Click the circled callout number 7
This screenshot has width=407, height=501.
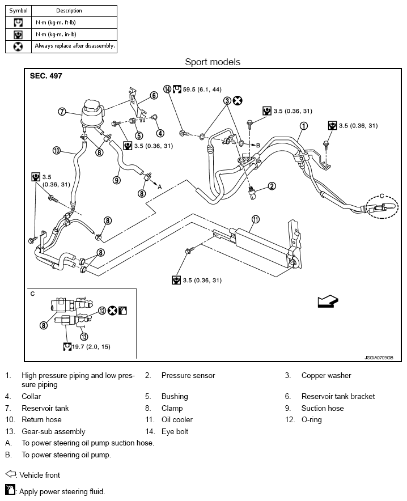[x=62, y=112]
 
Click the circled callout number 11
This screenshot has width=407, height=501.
[x=256, y=219]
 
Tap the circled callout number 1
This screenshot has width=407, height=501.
[x=304, y=126]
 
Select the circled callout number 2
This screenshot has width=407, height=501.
[x=272, y=186]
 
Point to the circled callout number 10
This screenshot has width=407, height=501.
[x=56, y=151]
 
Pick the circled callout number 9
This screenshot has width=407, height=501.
[x=116, y=180]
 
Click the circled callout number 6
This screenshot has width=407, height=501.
[x=154, y=95]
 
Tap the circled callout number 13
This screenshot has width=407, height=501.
[x=84, y=336]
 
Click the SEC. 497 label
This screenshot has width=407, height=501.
[x=46, y=76]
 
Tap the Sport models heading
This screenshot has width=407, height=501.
[x=213, y=62]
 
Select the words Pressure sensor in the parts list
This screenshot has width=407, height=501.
[x=188, y=375]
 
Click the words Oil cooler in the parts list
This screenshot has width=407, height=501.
[x=177, y=419]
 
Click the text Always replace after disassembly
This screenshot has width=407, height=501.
[x=75, y=45]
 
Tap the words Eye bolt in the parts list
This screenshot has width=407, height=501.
[x=175, y=431]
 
